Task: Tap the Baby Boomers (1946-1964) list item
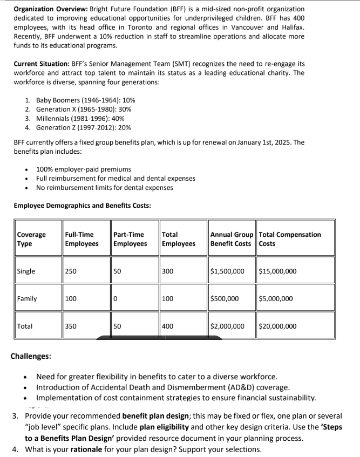click(x=85, y=100)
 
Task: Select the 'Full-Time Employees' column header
click(x=81, y=239)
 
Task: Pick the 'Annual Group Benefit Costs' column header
click(x=232, y=239)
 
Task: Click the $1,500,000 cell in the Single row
click(x=227, y=271)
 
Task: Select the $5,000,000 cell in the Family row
click(x=276, y=298)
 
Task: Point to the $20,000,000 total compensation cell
click(x=277, y=326)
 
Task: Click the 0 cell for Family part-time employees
click(x=116, y=298)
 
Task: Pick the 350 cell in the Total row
click(x=71, y=326)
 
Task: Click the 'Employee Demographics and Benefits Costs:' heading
click(x=82, y=206)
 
